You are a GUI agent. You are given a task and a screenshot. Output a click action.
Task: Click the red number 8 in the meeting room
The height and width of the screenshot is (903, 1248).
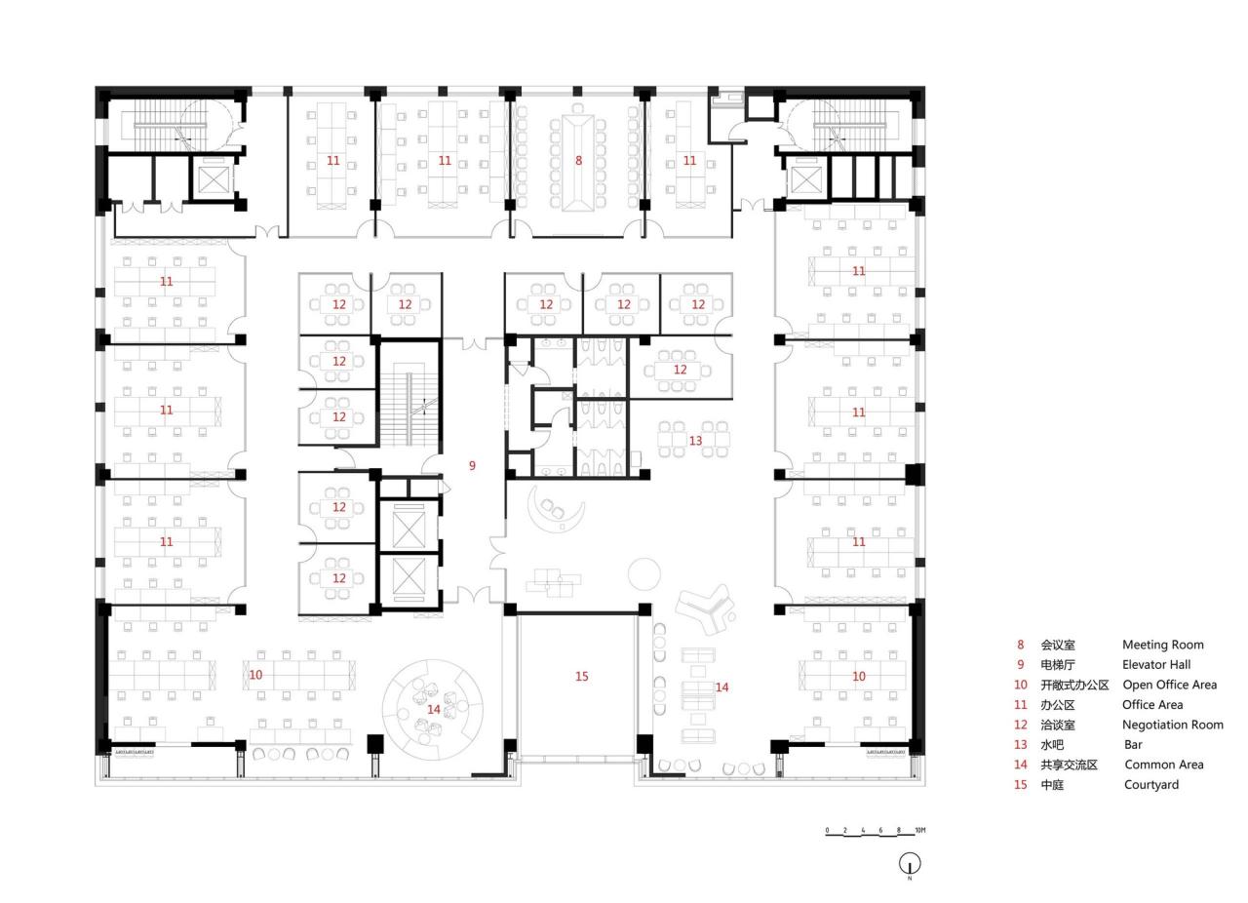578,160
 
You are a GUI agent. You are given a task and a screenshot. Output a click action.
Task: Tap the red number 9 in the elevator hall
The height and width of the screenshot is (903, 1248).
472,465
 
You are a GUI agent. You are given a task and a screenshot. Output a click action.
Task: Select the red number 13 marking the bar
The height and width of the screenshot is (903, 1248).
695,441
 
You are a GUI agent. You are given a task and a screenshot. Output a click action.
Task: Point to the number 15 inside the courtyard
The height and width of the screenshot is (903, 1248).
581,676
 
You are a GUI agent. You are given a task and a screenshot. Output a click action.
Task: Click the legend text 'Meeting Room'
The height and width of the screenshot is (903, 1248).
1162,645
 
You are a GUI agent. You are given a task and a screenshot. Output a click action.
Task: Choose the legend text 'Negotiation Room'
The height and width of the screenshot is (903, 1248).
1172,725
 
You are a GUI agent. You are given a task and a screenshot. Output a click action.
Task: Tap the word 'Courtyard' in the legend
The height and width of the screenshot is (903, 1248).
1150,784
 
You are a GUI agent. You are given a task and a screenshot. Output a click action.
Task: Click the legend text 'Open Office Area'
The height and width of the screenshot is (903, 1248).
1169,685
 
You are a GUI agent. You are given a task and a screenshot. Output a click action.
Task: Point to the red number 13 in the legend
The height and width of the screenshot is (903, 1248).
1021,744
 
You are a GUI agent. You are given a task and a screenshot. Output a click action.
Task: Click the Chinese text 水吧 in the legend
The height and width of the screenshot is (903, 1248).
1052,744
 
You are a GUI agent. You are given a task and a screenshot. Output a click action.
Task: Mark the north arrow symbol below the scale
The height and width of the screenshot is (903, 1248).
910,864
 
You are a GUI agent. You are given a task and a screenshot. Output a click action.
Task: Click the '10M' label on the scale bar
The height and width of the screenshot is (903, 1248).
919,830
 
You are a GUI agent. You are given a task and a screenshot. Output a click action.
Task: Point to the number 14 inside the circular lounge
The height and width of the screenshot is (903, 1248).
433,709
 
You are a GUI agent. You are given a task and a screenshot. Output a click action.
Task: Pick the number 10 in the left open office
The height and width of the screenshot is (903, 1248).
255,674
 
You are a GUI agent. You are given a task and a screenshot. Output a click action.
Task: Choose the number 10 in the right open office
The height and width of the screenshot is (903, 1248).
858,676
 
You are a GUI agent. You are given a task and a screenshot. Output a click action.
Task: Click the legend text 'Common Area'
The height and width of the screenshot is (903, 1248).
1163,765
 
